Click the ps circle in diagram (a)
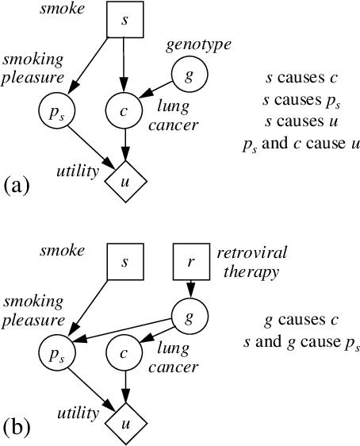point(52,111)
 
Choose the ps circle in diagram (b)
point(52,350)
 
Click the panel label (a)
point(17,186)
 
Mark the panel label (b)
point(17,427)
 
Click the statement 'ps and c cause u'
point(301,144)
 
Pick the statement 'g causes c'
point(301,321)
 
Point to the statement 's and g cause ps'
point(301,343)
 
